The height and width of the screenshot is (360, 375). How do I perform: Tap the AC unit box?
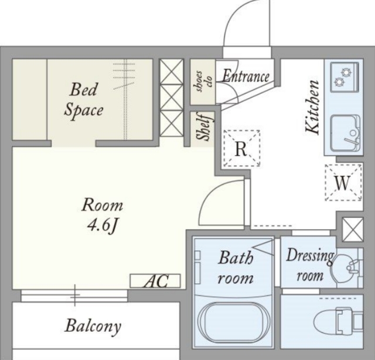[155, 281]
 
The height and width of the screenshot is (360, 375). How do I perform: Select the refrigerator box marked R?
[241, 148]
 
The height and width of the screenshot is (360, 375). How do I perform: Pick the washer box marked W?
[343, 182]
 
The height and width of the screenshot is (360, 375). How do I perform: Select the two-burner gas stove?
[345, 77]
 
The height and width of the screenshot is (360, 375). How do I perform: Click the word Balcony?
[93, 326]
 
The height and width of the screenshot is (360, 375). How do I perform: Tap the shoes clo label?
[203, 81]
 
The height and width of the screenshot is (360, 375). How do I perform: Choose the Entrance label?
[246, 76]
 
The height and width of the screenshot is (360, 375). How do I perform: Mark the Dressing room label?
[310, 265]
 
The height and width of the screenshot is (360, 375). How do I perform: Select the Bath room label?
[236, 268]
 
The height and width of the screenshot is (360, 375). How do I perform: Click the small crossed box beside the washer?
[353, 229]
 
